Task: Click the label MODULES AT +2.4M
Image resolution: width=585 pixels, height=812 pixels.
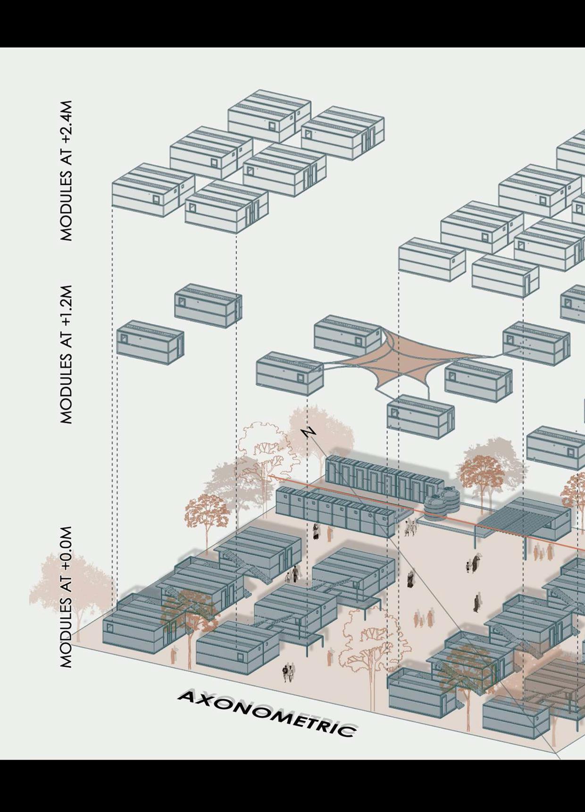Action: click(x=67, y=171)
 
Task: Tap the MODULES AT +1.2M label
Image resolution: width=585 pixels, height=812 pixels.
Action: click(x=67, y=354)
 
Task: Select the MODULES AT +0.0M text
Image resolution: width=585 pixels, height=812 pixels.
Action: click(x=67, y=597)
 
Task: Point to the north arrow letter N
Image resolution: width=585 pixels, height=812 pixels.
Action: click(x=309, y=432)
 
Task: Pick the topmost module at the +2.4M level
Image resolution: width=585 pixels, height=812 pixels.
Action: click(x=269, y=116)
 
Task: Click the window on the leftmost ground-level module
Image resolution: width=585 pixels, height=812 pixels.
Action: click(x=110, y=628)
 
